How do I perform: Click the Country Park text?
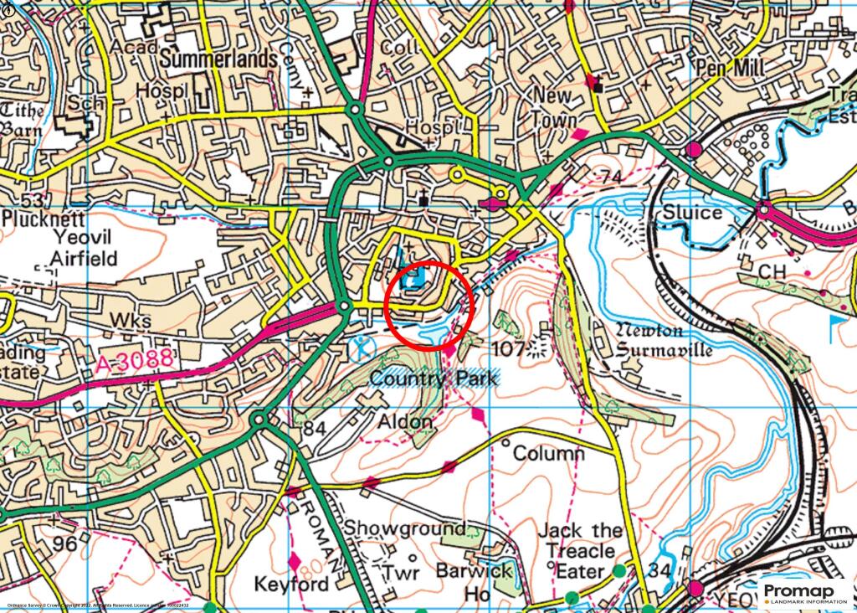click(x=433, y=379)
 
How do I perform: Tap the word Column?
click(x=548, y=454)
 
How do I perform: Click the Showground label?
click(x=405, y=528)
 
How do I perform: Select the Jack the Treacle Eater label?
click(x=579, y=551)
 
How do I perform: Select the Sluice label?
click(x=692, y=213)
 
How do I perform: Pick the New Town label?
click(x=554, y=108)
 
